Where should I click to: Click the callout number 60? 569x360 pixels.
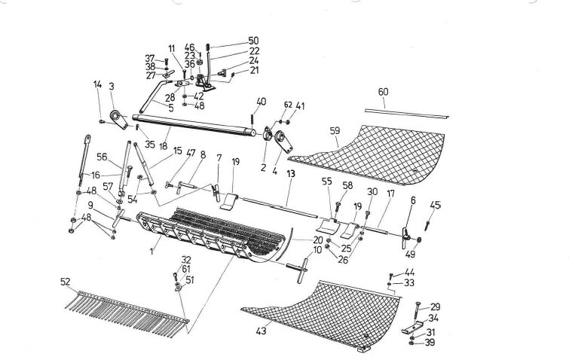pyautogui.click(x=383, y=91)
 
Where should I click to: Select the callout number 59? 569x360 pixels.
pyautogui.click(x=335, y=130)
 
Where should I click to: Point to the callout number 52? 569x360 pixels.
pyautogui.click(x=66, y=281)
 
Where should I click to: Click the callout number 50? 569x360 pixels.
pyautogui.click(x=253, y=40)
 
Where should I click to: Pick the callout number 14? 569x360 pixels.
pyautogui.click(x=97, y=84)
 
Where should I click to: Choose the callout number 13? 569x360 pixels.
pyautogui.click(x=290, y=174)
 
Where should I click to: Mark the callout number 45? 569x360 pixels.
pyautogui.click(x=436, y=205)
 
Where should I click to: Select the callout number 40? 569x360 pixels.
pyautogui.click(x=261, y=101)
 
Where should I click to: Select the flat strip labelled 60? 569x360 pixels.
pyautogui.click(x=408, y=112)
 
